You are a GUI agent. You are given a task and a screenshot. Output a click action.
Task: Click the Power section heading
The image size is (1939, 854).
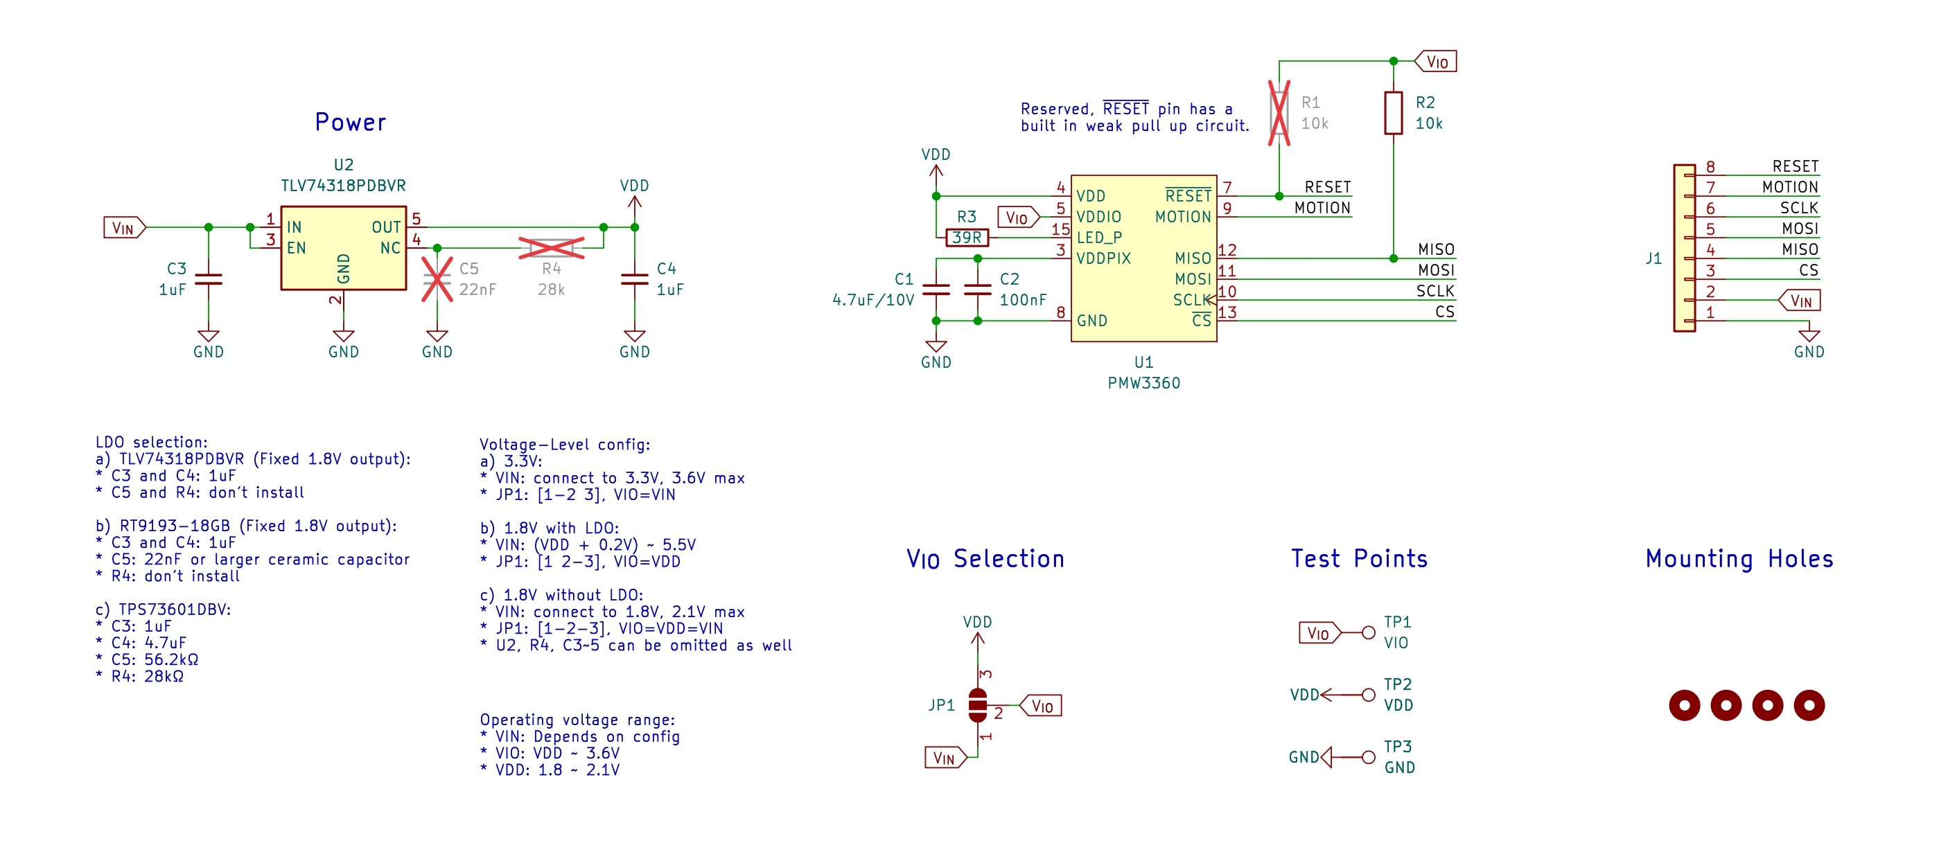coord(350,123)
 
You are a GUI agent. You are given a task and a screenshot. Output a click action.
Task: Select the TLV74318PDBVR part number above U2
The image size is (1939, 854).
coord(343,186)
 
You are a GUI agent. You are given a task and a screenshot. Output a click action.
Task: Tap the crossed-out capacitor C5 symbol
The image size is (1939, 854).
coord(437,279)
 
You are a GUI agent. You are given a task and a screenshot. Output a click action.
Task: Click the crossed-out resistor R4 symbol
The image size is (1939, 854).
coord(551,247)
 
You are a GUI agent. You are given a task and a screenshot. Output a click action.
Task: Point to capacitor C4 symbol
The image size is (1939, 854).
coord(634,279)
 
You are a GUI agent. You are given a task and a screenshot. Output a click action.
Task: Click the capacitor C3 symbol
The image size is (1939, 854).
coord(209,279)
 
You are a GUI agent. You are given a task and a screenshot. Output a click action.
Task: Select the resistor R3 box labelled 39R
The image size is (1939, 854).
coord(967,238)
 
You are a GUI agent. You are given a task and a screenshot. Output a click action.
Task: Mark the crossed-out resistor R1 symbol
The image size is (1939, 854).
coord(1279,113)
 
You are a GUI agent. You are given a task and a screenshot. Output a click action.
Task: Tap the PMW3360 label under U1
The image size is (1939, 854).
coord(1143,383)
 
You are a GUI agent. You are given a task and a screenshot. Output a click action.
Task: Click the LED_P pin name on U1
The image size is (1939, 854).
coord(1099,238)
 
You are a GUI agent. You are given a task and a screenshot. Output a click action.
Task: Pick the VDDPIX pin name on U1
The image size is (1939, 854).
coord(1103,258)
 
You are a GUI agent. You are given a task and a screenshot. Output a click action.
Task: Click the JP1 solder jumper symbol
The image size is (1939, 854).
coord(977,705)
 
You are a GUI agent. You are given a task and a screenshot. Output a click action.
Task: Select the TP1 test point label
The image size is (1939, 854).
coord(1397,622)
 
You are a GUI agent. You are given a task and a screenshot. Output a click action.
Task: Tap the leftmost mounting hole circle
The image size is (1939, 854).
coord(1684,705)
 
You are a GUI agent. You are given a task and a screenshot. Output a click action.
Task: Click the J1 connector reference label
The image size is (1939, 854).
coord(1653,258)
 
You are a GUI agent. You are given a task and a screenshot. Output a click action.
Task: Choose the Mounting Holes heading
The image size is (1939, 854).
coord(1739,559)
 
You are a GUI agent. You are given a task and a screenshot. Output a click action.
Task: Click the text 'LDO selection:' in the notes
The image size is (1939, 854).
coord(151,443)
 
